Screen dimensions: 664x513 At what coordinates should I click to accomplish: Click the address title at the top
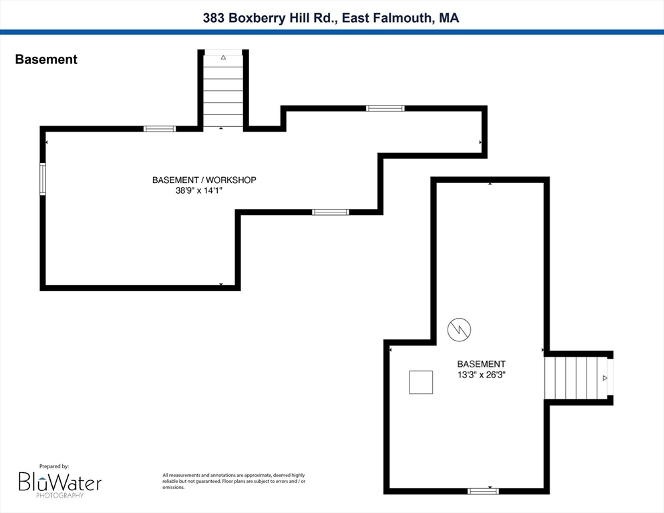coord(331,18)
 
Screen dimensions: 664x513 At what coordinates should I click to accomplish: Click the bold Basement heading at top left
coord(46,59)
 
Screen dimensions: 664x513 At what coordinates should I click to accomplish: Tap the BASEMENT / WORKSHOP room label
coord(204,180)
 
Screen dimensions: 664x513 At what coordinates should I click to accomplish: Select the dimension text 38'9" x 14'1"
coord(199,190)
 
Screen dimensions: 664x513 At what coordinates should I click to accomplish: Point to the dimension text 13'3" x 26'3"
coord(482,375)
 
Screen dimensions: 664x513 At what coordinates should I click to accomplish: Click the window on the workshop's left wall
coord(43,179)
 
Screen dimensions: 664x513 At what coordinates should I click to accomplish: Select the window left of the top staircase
coord(160,129)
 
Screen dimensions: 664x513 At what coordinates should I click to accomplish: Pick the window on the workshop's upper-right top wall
coord(385,108)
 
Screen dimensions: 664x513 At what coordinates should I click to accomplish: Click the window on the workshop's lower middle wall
coord(331,212)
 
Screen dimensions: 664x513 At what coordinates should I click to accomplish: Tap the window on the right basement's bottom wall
coord(483,492)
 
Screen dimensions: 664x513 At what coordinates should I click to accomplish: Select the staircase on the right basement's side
coord(576,378)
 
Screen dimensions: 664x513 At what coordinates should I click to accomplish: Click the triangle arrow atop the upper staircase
coord(223,57)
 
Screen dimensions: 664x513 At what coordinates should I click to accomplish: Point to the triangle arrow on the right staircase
coord(605,378)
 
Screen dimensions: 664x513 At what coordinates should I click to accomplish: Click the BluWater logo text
coord(59,482)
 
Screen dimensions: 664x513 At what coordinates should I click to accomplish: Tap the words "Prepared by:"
coord(54,466)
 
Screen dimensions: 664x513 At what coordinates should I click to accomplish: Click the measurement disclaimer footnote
coord(234,481)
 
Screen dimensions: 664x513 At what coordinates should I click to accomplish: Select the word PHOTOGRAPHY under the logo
coord(59,495)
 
